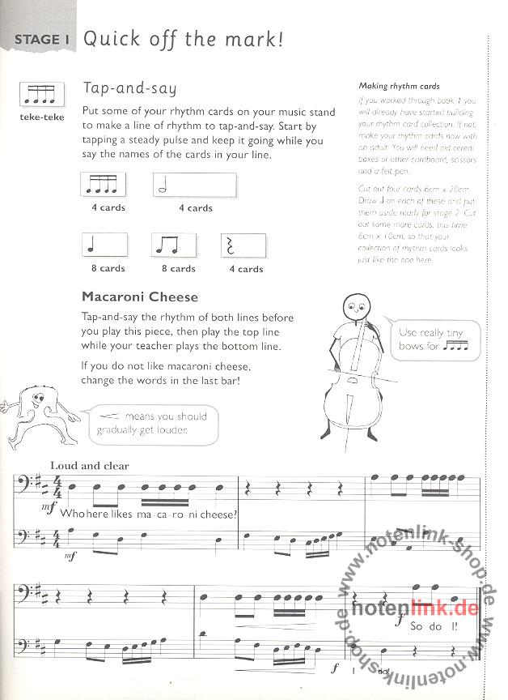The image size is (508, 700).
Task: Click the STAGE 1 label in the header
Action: coord(37,40)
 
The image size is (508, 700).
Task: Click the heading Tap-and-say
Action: coord(129,88)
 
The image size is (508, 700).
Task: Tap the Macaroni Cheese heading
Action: coord(140,297)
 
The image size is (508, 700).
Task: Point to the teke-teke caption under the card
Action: coord(41,117)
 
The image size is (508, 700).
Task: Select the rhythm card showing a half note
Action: coord(194,186)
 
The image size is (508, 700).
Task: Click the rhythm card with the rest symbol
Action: coord(243,246)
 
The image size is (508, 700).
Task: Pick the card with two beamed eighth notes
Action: coord(174,246)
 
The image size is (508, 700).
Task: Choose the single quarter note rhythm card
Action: coord(105,246)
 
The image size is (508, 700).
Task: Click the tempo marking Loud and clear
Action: coord(90,466)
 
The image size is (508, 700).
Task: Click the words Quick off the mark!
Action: coord(184,38)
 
